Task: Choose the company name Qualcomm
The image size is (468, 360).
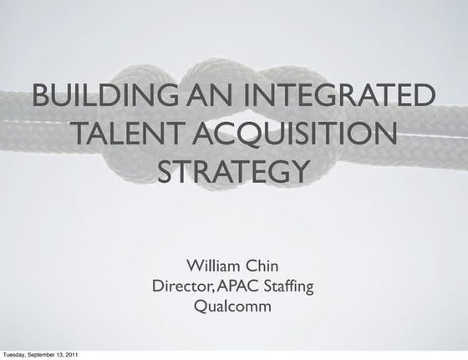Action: click(x=232, y=307)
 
